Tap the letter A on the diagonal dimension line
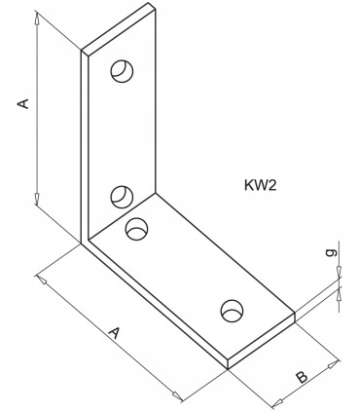(114, 334)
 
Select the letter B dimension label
(302, 376)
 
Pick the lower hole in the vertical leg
(122, 196)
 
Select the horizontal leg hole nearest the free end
(232, 310)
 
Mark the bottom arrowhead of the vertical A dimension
(36, 200)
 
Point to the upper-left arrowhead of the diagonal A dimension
(42, 281)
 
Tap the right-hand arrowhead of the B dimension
(334, 364)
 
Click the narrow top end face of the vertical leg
(119, 28)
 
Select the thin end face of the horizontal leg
(261, 341)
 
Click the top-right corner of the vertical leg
(156, 9)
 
